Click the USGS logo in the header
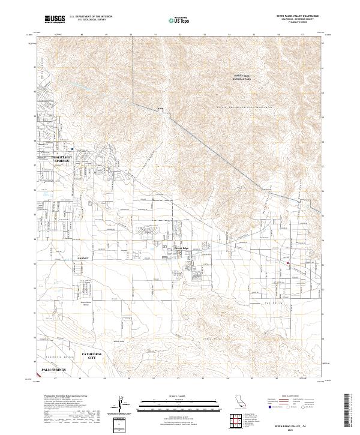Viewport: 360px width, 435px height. [55, 19]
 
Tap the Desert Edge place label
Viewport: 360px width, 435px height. [181, 248]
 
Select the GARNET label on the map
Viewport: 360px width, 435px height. [82, 258]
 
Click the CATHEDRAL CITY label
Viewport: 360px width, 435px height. [92, 356]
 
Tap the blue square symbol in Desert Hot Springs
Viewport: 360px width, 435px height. [73, 149]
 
